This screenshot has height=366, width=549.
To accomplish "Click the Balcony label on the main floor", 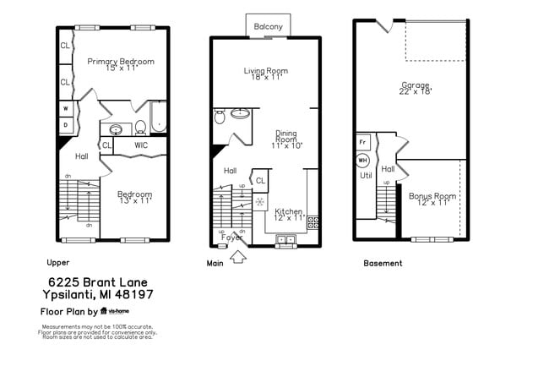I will coord(269,27).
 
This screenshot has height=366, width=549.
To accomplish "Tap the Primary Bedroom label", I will coord(121,64).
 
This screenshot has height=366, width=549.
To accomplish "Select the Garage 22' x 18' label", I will coord(415,88).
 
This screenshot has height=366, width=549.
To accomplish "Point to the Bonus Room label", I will coord(432,199).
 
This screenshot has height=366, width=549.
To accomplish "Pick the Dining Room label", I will coord(286,139).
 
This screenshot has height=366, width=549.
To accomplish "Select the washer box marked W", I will coord(65,108).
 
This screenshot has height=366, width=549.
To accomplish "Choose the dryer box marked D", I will coord(65,125).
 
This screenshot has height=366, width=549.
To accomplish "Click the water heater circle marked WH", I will coord(363,160).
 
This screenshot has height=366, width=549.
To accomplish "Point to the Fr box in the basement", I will coord(363,141).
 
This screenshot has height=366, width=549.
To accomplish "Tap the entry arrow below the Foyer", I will coord(238,254).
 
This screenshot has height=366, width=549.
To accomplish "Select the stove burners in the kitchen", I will coord(313,223).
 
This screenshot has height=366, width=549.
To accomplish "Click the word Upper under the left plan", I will coord(58,263).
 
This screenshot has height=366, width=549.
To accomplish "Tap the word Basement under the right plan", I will coord(383,263).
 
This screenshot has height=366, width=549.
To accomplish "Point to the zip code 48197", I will coord(136,294).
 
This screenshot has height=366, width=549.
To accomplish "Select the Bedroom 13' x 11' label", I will coord(134,197).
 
